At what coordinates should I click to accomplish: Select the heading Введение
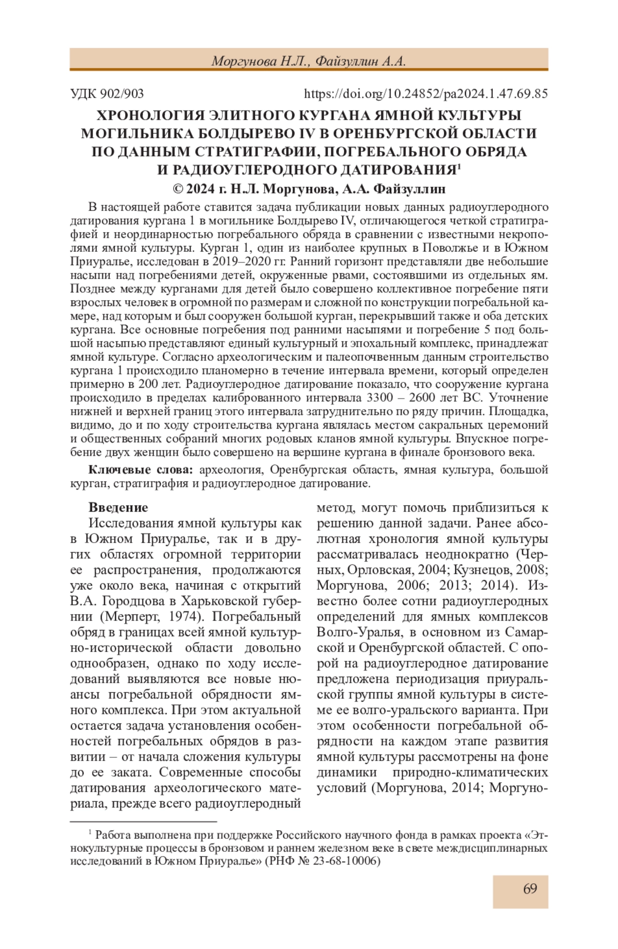pos(118,507)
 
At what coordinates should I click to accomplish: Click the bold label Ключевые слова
pos(141,469)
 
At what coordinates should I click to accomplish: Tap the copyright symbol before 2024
pos(178,189)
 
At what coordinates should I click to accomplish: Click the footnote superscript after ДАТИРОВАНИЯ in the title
pos(459,166)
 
